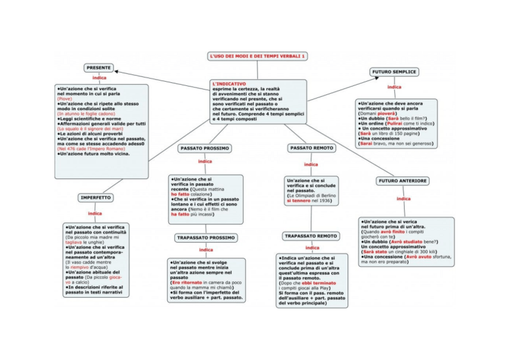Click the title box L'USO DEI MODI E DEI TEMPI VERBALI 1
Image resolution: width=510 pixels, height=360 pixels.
coord(257,56)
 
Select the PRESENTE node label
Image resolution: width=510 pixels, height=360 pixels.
coord(98,67)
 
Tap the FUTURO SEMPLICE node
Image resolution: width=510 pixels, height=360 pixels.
coord(395,72)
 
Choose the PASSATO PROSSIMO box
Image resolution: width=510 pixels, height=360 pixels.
coord(205,148)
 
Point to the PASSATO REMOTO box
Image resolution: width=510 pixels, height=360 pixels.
coord(312,148)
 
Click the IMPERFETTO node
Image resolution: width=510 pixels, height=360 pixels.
coord(96,198)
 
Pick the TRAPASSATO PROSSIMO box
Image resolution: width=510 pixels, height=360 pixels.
coord(206,237)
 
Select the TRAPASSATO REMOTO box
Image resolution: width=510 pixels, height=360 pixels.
coord(311,236)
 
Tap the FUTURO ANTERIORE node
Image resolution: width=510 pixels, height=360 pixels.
coord(403,181)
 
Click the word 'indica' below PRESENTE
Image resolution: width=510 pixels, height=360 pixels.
coord(100,78)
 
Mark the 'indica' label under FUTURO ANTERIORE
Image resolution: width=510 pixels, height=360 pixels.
coord(403,198)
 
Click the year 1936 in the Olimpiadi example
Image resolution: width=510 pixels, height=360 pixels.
coord(325,200)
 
